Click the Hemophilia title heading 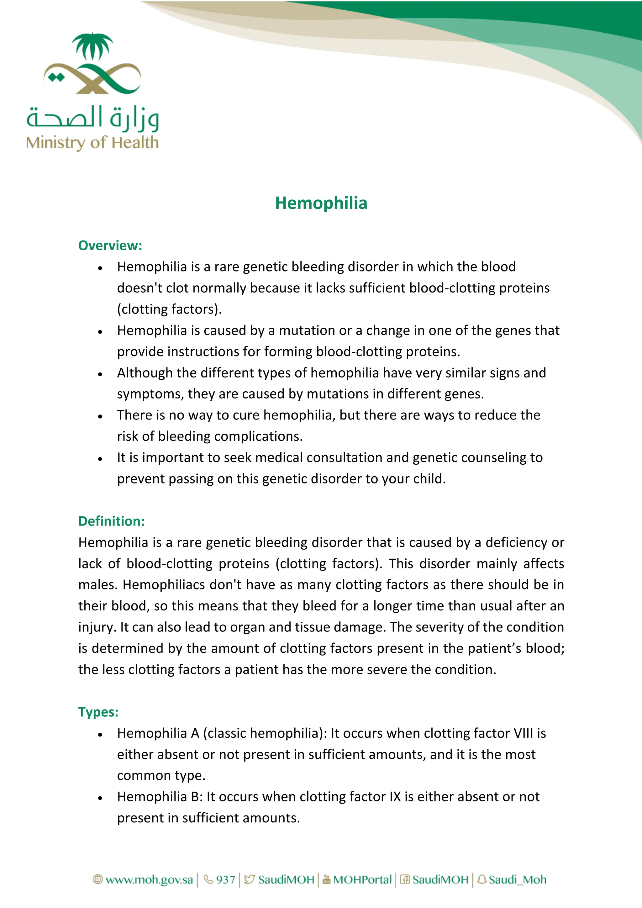pos(321,203)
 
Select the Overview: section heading pos(110,245)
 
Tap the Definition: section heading pos(112,521)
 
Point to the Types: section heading pos(98,712)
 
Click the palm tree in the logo pos(92,46)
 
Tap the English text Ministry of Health pos(92,143)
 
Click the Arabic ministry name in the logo pos(92,118)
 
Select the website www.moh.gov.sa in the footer pos(149,879)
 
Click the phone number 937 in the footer pos(225,879)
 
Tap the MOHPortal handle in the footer pos(362,879)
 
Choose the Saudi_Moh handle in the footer pos(517,879)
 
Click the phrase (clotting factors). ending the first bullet pos(169,309)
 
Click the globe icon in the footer pos(97,879)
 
